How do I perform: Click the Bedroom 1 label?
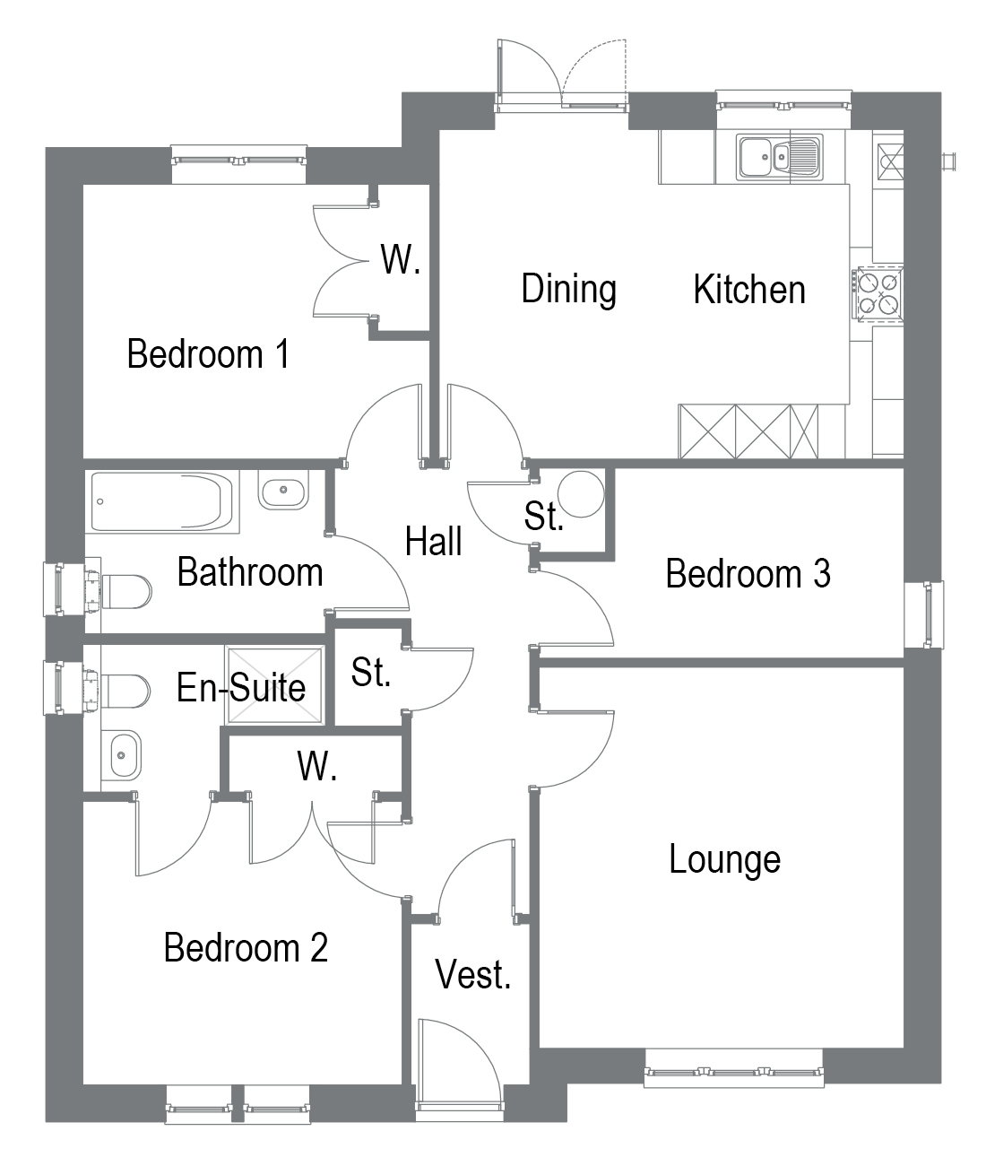click(x=209, y=354)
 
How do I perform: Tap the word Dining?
click(x=568, y=289)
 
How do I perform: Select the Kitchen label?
click(x=749, y=290)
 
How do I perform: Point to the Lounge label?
click(x=724, y=859)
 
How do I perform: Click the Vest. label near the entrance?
click(x=472, y=974)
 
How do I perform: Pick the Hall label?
click(x=433, y=541)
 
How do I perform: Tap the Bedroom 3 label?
click(x=748, y=574)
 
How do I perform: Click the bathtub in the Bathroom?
click(x=162, y=502)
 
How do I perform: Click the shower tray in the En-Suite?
click(x=274, y=685)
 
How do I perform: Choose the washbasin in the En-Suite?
click(x=121, y=755)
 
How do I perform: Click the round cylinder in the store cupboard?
click(x=581, y=494)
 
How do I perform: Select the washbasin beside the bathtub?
click(x=283, y=490)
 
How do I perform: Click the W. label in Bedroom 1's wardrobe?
click(x=401, y=259)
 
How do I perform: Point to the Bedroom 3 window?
click(x=924, y=615)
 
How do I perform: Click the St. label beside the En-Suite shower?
click(x=371, y=672)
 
